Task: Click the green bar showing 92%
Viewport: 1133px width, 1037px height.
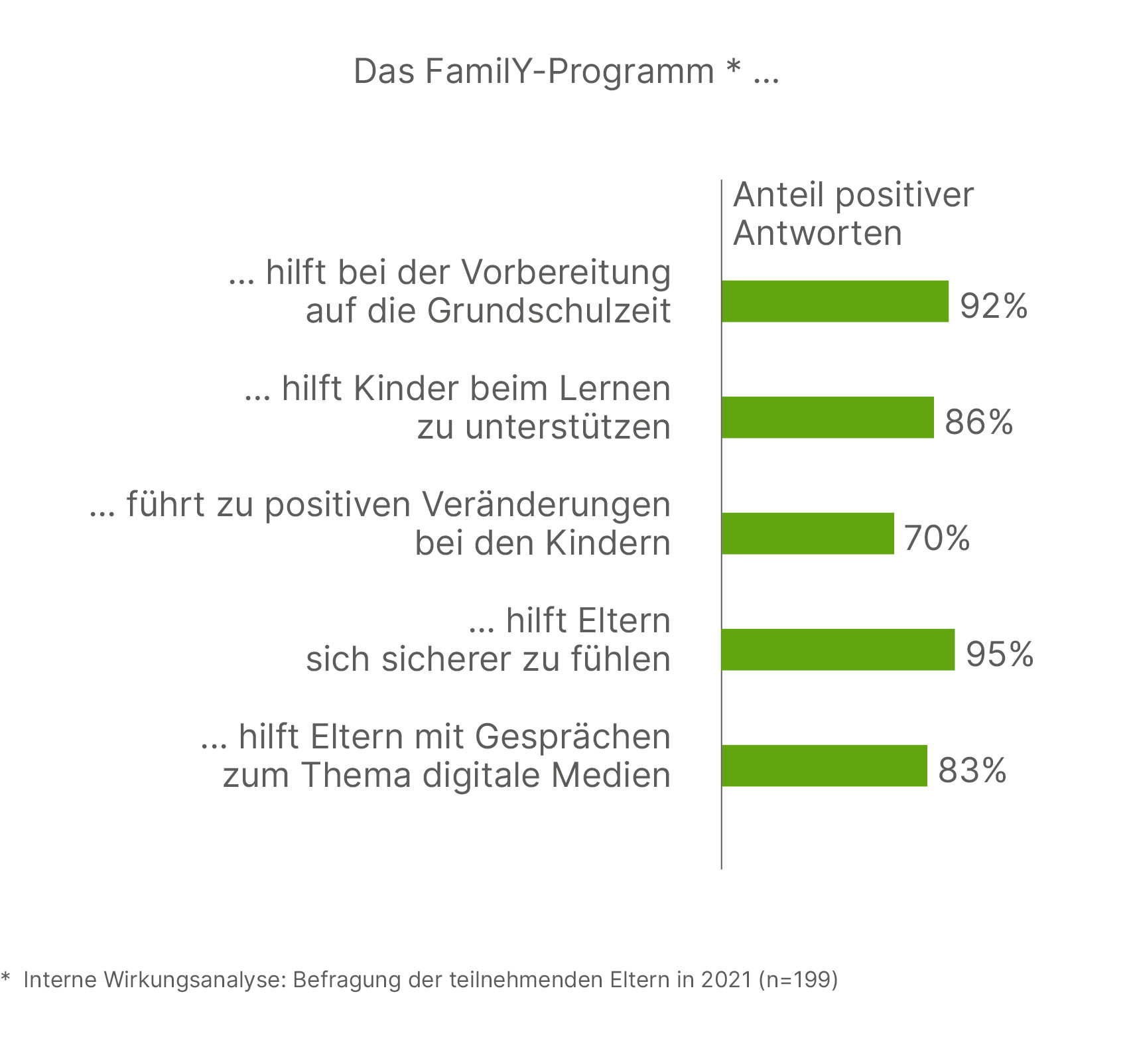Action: [x=835, y=301]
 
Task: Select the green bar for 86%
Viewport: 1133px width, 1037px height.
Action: [x=828, y=417]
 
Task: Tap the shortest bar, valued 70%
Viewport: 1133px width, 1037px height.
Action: [x=808, y=533]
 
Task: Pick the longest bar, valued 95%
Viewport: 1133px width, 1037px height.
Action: [x=838, y=650]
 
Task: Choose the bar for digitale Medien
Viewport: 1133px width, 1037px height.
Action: [x=825, y=766]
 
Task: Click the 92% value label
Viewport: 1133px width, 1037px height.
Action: [x=994, y=306]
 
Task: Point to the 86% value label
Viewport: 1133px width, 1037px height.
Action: [x=979, y=422]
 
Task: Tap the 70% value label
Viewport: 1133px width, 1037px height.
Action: [x=937, y=538]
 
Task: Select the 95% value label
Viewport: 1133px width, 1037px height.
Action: [x=1000, y=654]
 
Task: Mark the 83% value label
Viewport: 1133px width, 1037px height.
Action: [x=972, y=770]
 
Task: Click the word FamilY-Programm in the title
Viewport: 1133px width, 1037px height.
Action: [x=569, y=72]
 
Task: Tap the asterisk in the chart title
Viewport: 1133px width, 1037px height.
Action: [x=733, y=66]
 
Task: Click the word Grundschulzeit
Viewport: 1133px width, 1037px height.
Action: [x=549, y=311]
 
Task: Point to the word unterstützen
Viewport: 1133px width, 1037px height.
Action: [x=568, y=427]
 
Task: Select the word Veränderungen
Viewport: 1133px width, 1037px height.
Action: [x=547, y=504]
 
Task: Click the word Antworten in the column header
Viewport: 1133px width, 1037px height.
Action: [x=818, y=233]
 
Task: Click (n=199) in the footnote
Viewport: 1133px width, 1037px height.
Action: [x=799, y=979]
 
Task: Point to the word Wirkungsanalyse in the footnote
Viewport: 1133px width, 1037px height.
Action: [x=194, y=979]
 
